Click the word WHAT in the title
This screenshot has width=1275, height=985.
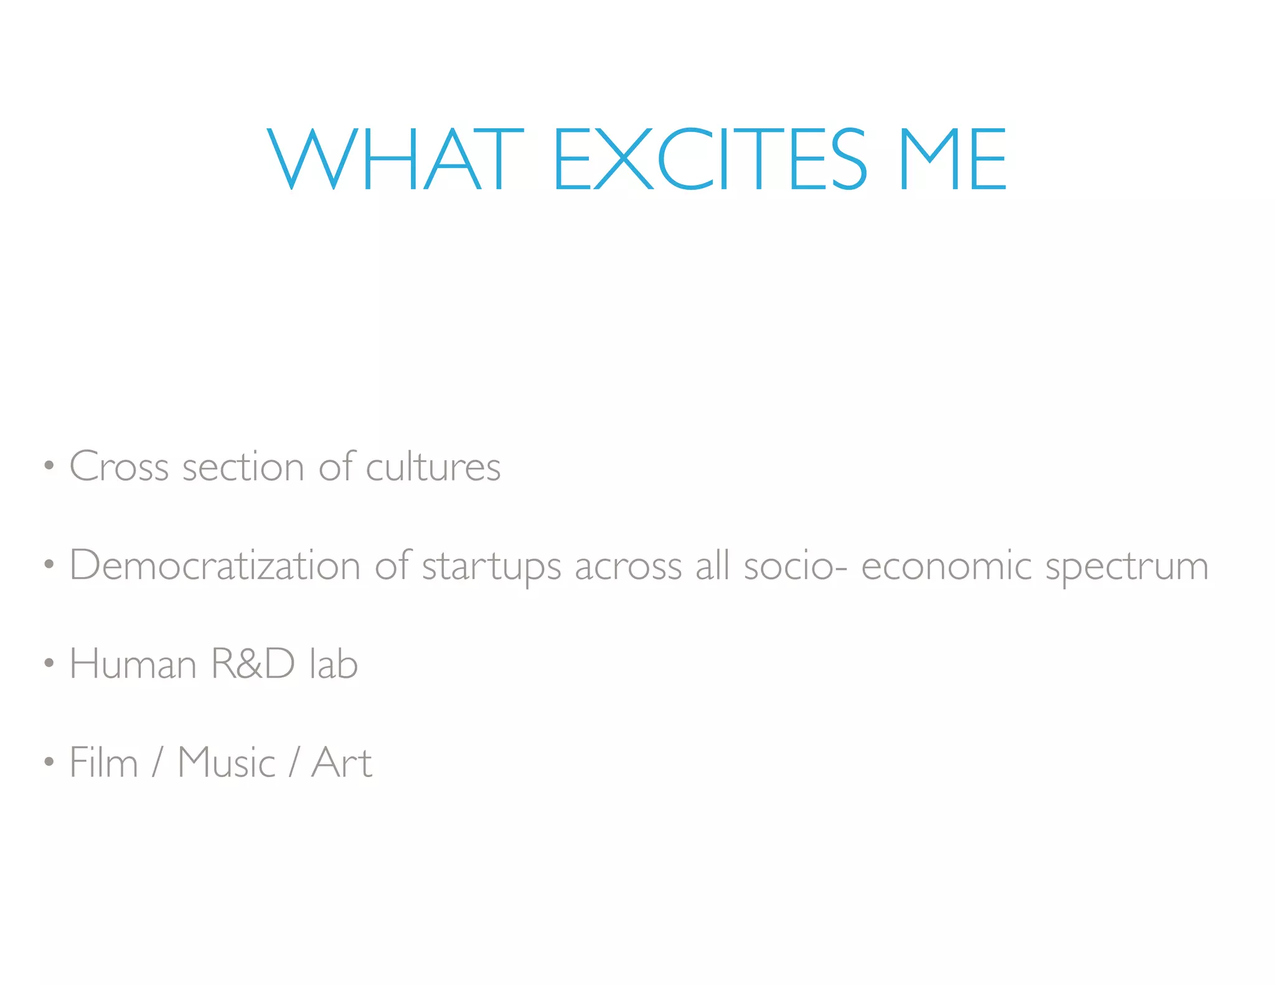396,159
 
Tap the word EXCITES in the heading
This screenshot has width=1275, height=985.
710,159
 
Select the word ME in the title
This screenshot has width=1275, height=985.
954,159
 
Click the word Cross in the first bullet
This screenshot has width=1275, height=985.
119,466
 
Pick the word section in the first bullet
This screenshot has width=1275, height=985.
243,466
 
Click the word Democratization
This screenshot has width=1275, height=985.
215,565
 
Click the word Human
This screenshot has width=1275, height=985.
133,663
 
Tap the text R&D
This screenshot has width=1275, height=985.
253,663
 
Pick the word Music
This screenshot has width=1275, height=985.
227,762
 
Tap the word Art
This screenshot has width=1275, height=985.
342,762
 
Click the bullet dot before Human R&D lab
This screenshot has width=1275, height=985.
49,663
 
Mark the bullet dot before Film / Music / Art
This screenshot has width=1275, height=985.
49,761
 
